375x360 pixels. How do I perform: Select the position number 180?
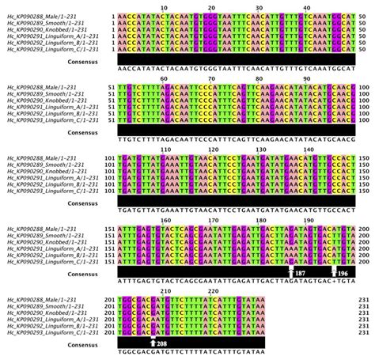pos(259,221)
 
